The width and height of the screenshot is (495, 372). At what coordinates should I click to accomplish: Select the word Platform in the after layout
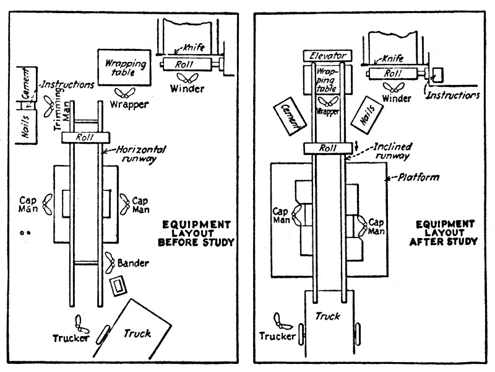[415, 178]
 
